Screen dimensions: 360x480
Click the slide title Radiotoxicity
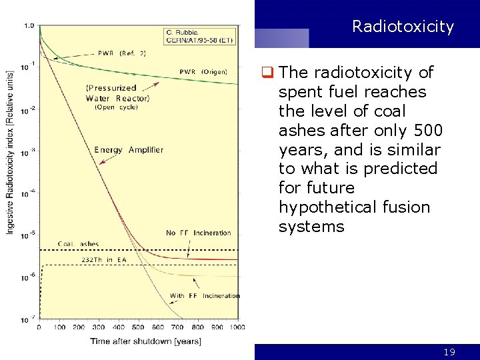tap(403, 27)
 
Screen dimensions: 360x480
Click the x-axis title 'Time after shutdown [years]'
tap(145, 341)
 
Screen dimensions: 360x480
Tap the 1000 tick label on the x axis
tap(237, 327)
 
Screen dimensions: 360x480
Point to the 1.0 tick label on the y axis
tap(29, 25)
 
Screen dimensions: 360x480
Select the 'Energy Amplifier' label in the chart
tap(129, 150)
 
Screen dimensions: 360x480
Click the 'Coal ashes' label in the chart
tap(78, 244)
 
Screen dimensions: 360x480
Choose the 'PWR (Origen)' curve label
tap(203, 72)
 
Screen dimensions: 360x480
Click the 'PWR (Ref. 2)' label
tap(121, 53)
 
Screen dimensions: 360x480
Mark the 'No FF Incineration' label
tap(198, 233)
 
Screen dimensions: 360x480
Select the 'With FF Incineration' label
tap(204, 295)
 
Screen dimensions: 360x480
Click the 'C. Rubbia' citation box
tap(199, 35)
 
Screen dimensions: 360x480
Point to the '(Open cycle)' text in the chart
tap(116, 107)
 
